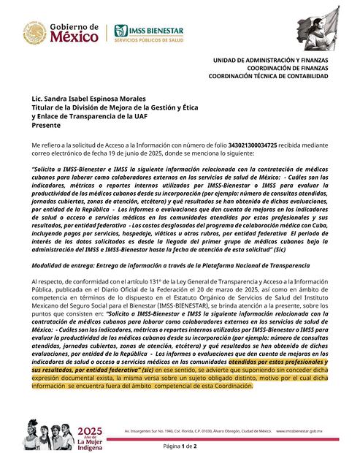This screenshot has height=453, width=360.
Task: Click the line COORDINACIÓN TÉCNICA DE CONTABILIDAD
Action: pyautogui.click(x=268, y=75)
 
